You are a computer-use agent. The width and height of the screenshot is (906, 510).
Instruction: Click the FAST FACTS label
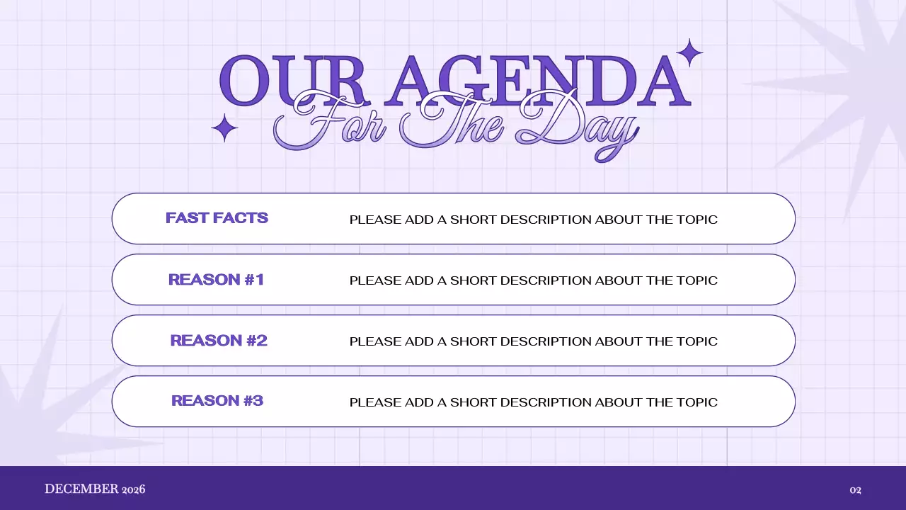[x=217, y=218]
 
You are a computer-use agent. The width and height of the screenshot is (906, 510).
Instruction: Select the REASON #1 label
[x=216, y=280]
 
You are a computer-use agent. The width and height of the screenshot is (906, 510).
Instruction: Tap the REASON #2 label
[x=219, y=341]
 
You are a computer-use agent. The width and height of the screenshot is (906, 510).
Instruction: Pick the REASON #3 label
[x=217, y=401]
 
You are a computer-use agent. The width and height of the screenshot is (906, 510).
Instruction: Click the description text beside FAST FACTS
[x=533, y=220]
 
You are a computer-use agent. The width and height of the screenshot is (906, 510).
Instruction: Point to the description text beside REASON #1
[x=533, y=280]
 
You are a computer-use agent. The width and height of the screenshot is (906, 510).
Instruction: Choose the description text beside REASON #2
[x=533, y=341]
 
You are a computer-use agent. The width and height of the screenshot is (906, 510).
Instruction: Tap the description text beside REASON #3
[x=533, y=402]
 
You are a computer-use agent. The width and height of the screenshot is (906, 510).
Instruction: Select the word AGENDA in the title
[x=538, y=79]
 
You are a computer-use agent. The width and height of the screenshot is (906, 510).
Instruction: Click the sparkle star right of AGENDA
[x=689, y=52]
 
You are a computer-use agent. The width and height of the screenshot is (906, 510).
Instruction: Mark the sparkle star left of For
[x=224, y=128]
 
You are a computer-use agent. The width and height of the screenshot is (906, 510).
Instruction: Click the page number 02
[x=855, y=489]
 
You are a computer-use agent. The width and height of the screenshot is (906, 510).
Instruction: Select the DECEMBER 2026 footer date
[x=95, y=489]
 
